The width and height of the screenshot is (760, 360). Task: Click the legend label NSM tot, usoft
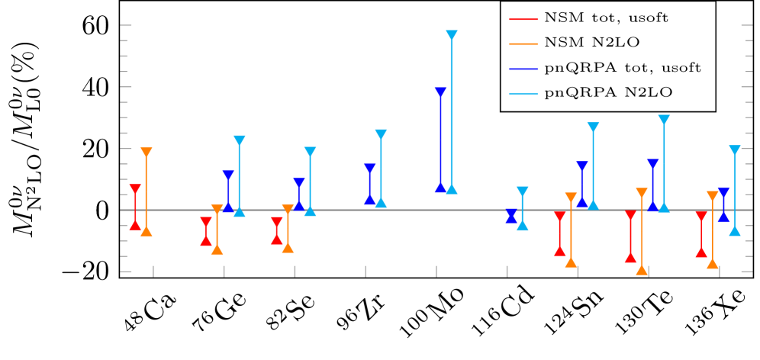click(607, 18)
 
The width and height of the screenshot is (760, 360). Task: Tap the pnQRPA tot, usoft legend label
click(623, 68)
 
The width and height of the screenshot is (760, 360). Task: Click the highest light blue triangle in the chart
click(451, 35)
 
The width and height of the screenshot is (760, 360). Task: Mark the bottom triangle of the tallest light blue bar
click(451, 189)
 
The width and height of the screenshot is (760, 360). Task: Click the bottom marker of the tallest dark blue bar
click(440, 188)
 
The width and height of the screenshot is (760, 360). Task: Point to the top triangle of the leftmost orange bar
click(147, 153)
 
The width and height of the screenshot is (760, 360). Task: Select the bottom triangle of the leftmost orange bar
click(147, 231)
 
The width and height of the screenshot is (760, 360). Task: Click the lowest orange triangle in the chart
click(642, 270)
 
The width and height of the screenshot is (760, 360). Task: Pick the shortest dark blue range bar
click(511, 217)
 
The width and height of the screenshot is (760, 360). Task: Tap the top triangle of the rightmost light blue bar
click(734, 150)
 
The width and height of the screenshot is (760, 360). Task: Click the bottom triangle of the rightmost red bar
click(701, 252)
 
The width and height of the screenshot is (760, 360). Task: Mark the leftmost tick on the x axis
click(153, 272)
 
